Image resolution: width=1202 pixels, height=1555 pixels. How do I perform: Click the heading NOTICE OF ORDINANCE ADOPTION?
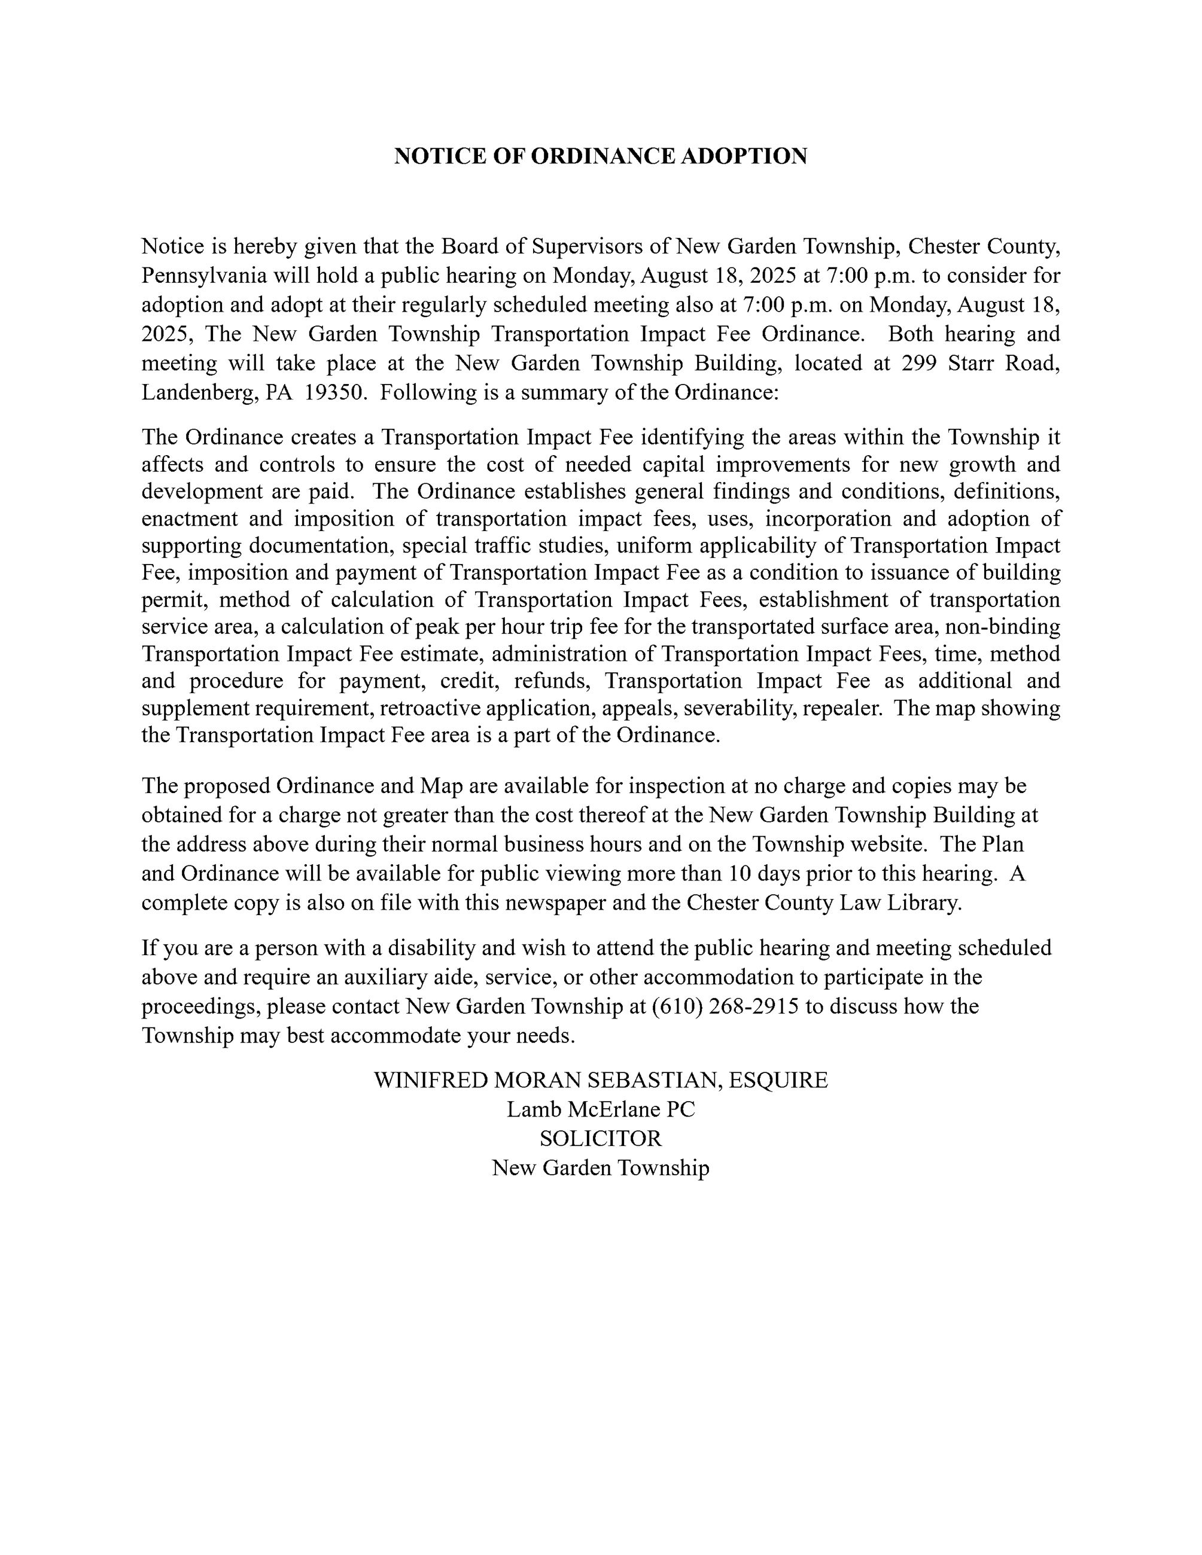600,156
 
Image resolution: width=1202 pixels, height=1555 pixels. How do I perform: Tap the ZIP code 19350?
334,392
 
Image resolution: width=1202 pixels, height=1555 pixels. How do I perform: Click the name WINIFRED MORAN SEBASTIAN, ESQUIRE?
600,1080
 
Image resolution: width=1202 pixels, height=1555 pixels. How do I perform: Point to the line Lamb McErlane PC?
600,1109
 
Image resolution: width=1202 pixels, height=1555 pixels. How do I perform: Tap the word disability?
423,948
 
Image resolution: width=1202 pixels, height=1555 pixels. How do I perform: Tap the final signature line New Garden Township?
600,1167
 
